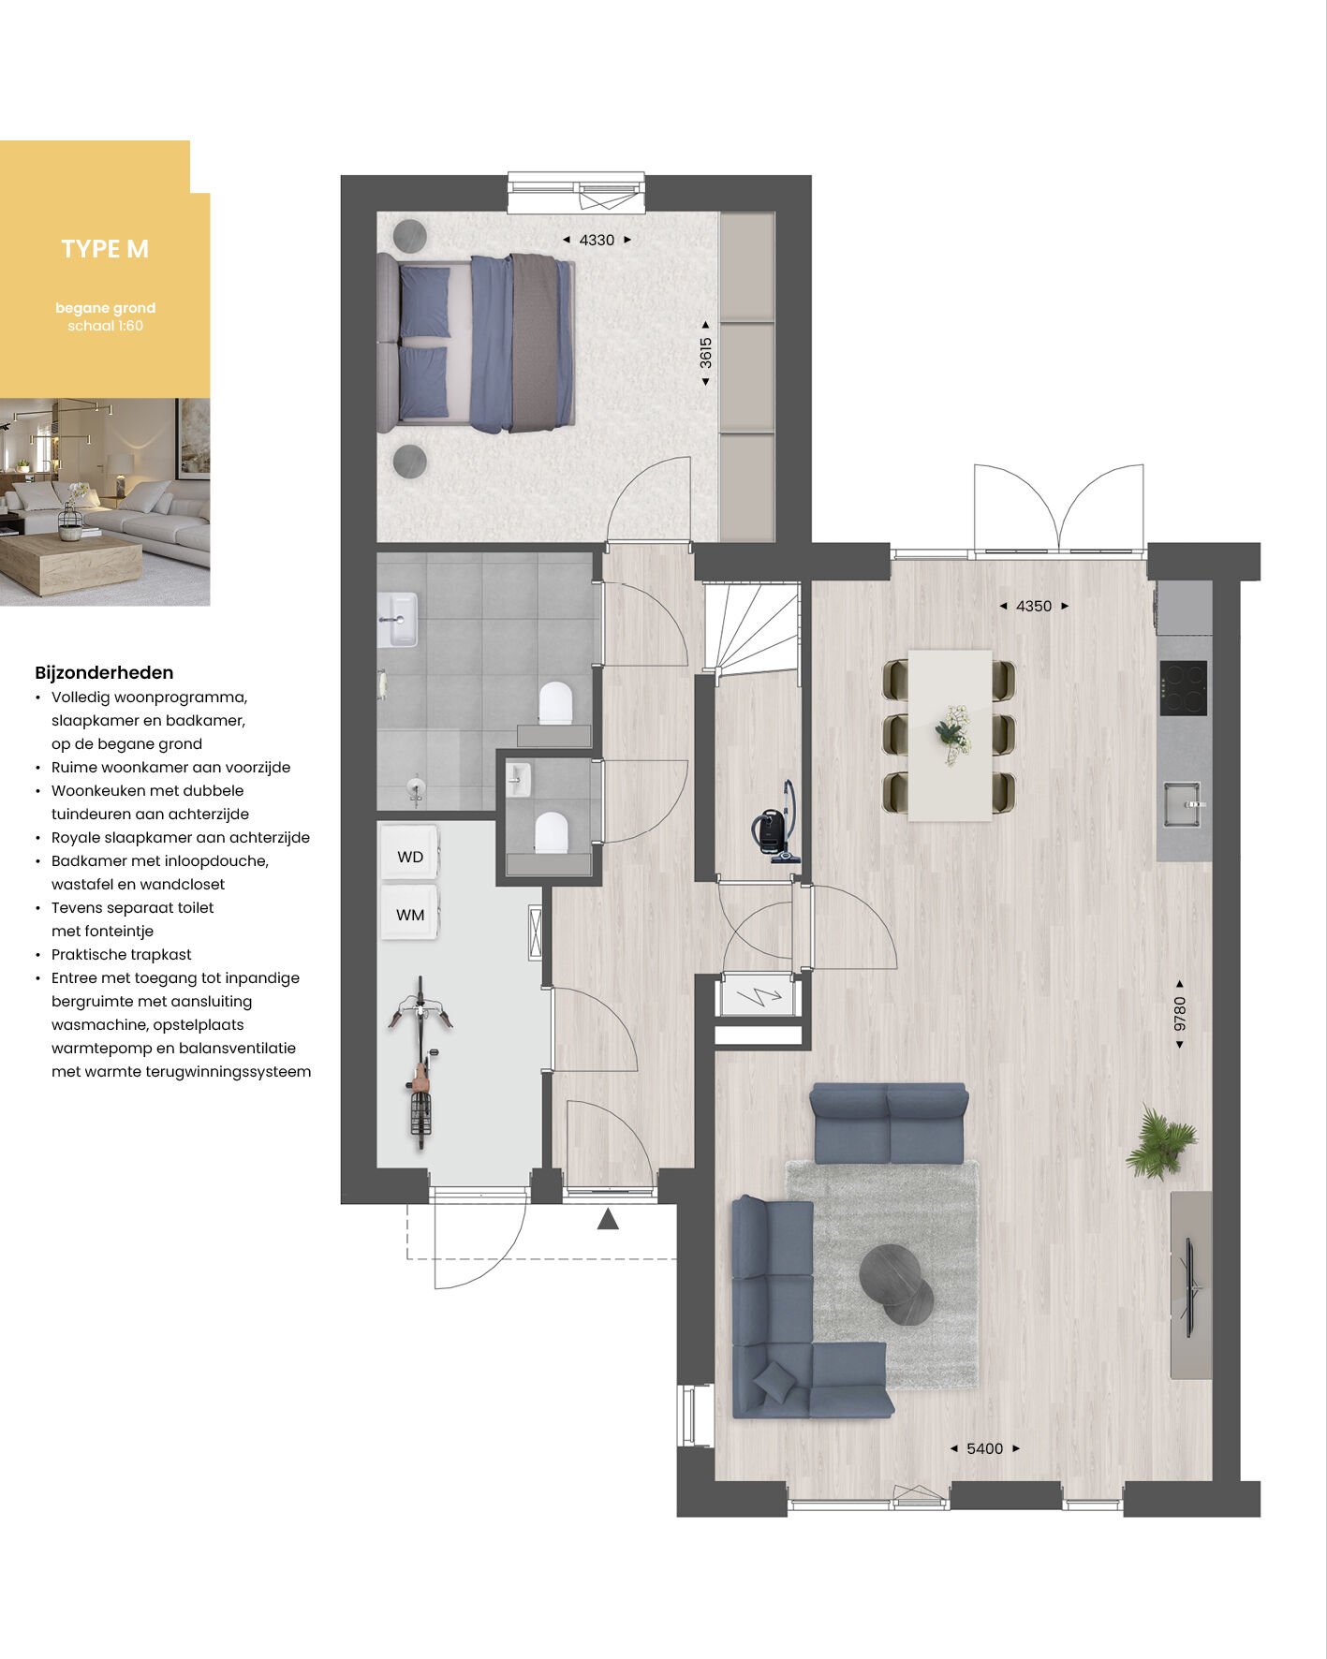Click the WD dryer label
(x=410, y=857)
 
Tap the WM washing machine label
(x=410, y=915)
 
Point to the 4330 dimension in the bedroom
(x=597, y=240)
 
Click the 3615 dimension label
(x=706, y=353)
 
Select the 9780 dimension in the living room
(x=1180, y=1014)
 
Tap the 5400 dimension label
(x=984, y=1448)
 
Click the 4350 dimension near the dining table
(x=1034, y=606)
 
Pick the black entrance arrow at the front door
(x=608, y=1219)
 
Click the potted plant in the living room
(x=1161, y=1141)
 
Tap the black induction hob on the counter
(x=1184, y=688)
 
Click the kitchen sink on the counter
(x=1183, y=804)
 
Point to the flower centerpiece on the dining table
(x=953, y=733)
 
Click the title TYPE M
(x=105, y=249)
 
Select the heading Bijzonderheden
(x=104, y=672)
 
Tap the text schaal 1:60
(x=105, y=326)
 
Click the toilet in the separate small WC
(x=551, y=832)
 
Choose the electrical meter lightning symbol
(x=759, y=996)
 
